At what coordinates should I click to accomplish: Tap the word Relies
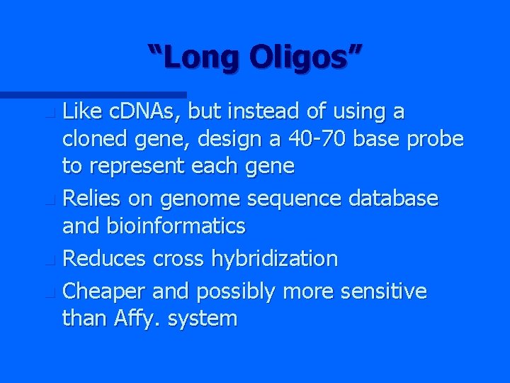point(91,199)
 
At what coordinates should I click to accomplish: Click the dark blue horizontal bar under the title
point(92,94)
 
